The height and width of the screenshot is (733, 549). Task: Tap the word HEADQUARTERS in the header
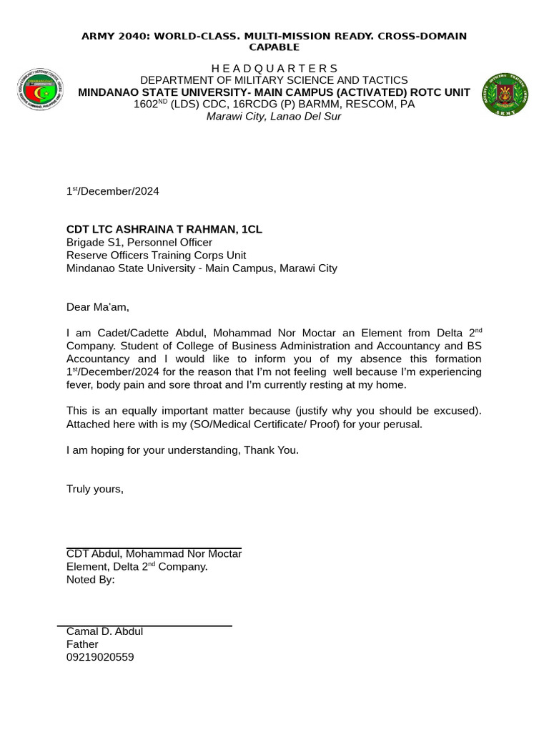click(x=274, y=68)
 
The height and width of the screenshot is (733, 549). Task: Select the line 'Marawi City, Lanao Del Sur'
click(x=274, y=117)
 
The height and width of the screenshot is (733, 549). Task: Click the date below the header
click(x=112, y=191)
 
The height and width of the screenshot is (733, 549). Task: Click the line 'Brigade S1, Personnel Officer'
click(x=139, y=243)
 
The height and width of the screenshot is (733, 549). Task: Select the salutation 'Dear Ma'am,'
click(x=98, y=307)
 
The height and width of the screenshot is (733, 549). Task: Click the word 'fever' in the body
click(x=80, y=384)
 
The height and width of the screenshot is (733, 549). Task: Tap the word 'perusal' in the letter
click(x=402, y=424)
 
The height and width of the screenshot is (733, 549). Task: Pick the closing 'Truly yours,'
click(x=95, y=489)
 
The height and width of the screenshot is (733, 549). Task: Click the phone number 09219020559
click(x=100, y=657)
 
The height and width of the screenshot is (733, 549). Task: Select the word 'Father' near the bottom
click(x=82, y=644)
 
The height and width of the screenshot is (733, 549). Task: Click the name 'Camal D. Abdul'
click(x=104, y=631)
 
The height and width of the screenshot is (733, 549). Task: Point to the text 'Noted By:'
click(x=90, y=580)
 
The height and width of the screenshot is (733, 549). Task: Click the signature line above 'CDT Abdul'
click(x=154, y=548)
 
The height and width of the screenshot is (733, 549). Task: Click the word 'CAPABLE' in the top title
click(x=274, y=47)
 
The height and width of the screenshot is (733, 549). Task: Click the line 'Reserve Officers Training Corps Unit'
click(x=156, y=256)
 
